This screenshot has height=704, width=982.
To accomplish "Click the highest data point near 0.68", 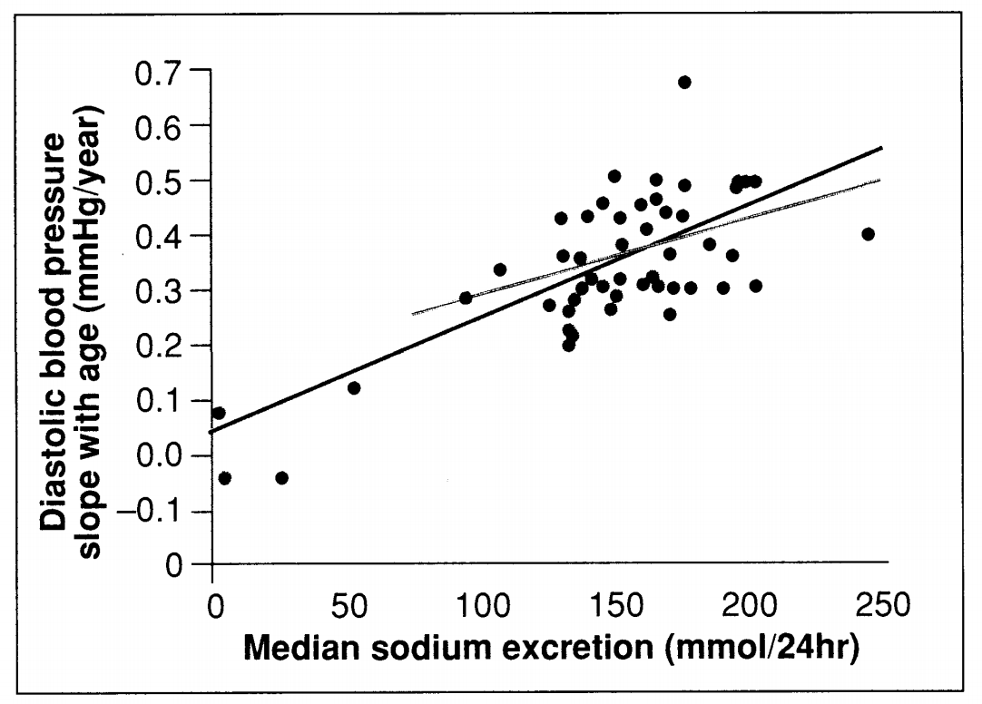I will pos(684,82).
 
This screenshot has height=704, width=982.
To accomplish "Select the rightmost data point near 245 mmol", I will pos(868,234).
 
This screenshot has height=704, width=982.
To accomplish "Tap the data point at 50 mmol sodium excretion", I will pos(354,388).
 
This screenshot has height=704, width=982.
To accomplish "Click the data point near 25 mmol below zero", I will pos(281,478).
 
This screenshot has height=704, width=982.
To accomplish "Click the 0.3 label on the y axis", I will pos(159,291).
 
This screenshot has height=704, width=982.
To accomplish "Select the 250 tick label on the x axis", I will pos(880,606).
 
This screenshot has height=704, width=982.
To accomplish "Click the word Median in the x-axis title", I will pos(297,650).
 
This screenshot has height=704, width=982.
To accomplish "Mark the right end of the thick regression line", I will pos(881,147).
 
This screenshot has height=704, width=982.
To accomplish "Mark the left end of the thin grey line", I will pos(413,314).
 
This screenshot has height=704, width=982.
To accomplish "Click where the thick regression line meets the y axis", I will pos(212,432).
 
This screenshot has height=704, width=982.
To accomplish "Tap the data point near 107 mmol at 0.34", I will pos(499,269).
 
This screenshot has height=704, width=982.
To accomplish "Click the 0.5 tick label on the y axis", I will pos(159,181).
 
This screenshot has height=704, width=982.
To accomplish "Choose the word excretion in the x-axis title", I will pos(558,650).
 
